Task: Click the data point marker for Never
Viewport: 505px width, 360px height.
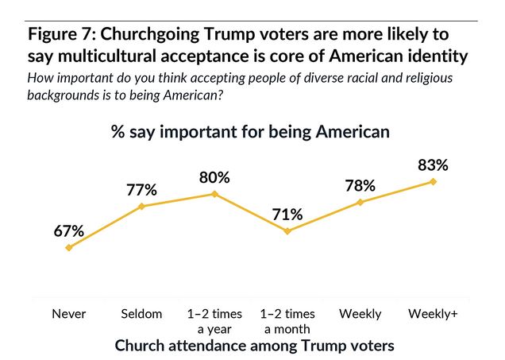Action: click(69, 247)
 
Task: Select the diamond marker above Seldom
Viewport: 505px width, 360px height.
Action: click(141, 206)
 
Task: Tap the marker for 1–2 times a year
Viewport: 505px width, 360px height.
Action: click(214, 193)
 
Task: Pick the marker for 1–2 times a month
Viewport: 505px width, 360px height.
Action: click(287, 231)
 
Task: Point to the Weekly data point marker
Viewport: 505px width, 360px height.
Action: click(360, 202)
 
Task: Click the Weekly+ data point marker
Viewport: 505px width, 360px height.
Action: click(433, 181)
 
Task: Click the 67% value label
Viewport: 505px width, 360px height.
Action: click(69, 231)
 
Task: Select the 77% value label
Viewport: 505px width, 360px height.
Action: click(141, 190)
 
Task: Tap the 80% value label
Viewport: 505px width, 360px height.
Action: click(214, 177)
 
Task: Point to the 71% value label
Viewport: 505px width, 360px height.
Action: click(287, 215)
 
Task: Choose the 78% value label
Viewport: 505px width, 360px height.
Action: click(360, 186)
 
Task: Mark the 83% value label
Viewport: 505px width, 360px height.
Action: click(433, 165)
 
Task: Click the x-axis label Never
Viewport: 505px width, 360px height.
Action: click(69, 314)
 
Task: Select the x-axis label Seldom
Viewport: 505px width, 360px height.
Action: click(141, 314)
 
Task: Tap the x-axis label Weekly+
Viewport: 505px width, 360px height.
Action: click(433, 314)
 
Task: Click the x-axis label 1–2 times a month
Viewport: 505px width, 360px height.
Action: click(287, 321)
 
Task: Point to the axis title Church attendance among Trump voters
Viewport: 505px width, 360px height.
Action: click(254, 346)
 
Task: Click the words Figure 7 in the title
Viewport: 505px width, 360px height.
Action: click(63, 35)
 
